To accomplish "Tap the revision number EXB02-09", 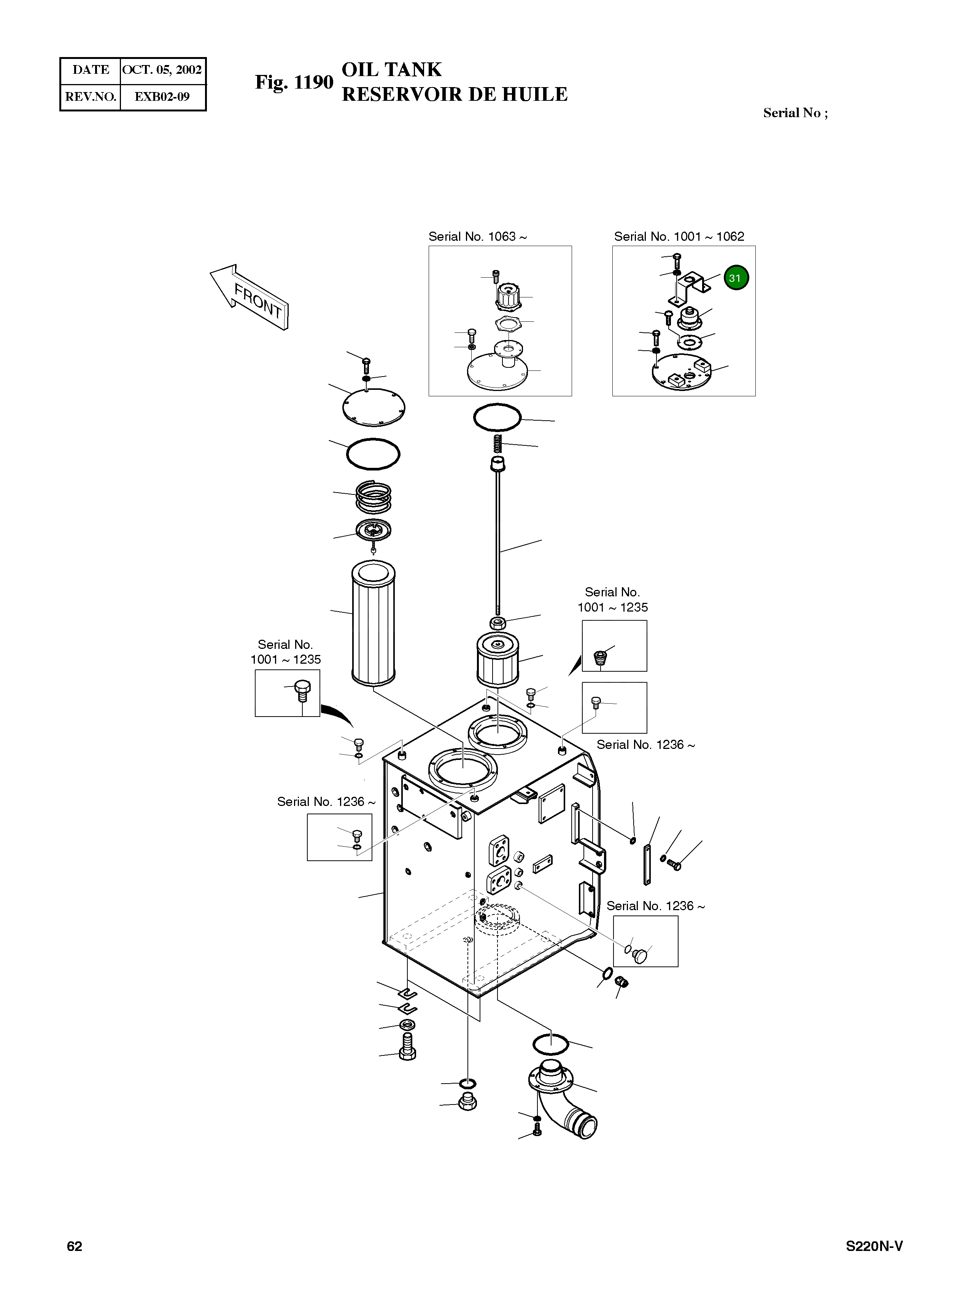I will (162, 97).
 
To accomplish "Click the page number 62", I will (75, 1246).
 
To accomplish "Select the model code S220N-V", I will (873, 1246).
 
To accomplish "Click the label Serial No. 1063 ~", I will (478, 237).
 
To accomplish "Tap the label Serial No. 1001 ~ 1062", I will (679, 237).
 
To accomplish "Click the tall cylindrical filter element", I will (373, 622).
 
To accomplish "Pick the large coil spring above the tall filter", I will (374, 497).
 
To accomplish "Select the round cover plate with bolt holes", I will (373, 407).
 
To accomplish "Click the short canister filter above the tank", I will (497, 660).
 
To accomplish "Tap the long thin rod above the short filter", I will (498, 540).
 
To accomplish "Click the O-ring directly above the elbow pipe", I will (550, 1044).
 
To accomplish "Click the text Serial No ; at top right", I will (795, 113).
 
